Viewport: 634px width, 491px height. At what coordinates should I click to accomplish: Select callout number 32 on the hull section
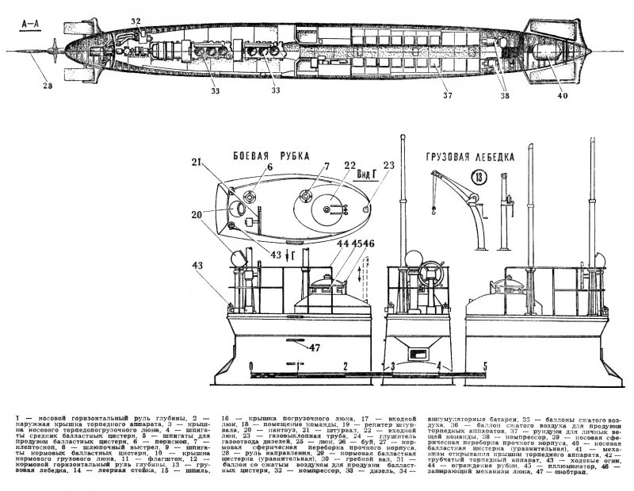click(136, 21)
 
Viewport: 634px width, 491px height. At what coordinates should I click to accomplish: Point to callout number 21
click(196, 163)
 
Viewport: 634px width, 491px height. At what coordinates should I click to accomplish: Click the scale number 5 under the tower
click(485, 367)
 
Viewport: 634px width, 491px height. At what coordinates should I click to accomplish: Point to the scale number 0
click(251, 367)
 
